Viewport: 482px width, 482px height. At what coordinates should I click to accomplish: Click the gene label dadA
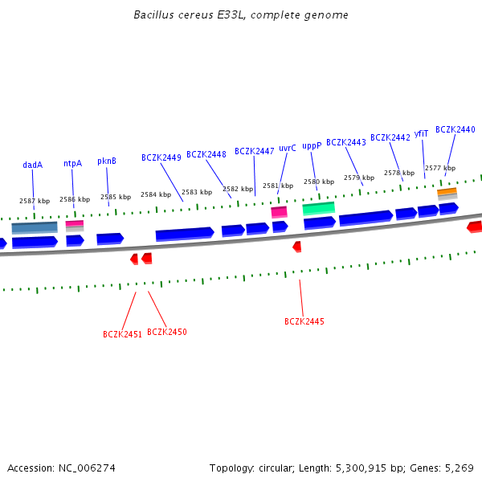(x=32, y=165)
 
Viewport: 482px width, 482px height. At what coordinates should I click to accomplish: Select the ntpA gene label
(x=72, y=163)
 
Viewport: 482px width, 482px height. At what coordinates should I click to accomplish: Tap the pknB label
(x=107, y=161)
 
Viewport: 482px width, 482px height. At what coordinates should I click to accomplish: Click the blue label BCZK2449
(x=161, y=157)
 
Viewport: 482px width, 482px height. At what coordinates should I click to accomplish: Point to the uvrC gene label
(x=288, y=148)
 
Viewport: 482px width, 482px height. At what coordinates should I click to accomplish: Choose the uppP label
(x=312, y=145)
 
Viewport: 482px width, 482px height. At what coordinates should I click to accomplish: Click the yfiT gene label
(x=421, y=134)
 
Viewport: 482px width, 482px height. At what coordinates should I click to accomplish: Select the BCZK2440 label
(x=455, y=129)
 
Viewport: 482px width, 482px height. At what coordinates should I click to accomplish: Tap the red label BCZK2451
(x=122, y=334)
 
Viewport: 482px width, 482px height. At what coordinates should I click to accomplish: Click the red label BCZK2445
(x=304, y=321)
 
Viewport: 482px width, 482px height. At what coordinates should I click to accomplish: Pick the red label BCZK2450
(x=166, y=332)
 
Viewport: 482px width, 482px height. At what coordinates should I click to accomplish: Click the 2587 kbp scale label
(x=35, y=201)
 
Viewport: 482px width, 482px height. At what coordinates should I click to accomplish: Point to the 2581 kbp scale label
(x=278, y=186)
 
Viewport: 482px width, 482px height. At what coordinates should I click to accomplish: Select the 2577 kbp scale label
(x=440, y=168)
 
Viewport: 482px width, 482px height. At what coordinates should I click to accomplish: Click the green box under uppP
(x=318, y=208)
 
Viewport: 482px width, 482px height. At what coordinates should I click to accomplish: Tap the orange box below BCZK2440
(x=447, y=192)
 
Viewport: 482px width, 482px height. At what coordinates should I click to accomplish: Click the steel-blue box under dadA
(x=35, y=227)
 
